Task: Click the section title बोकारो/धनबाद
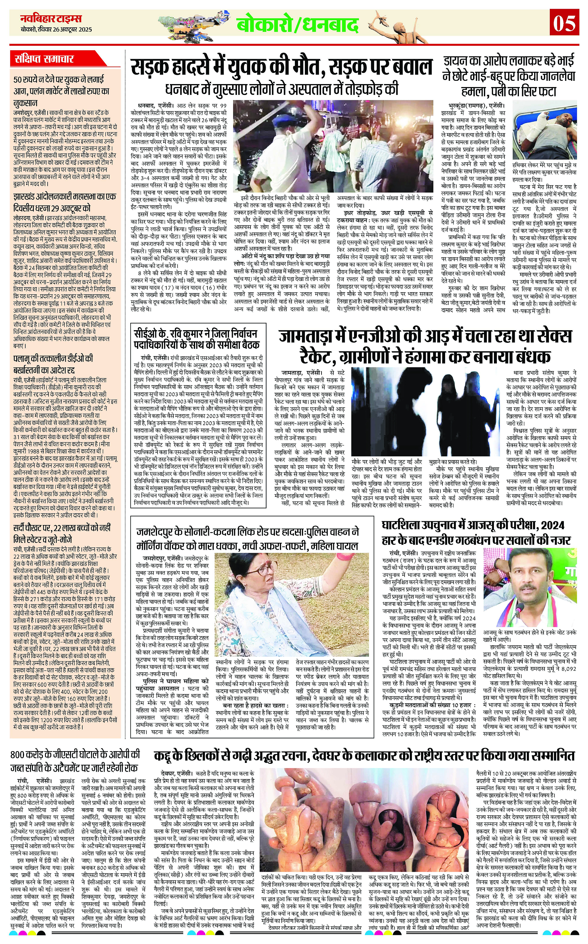pyautogui.click(x=298, y=26)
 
